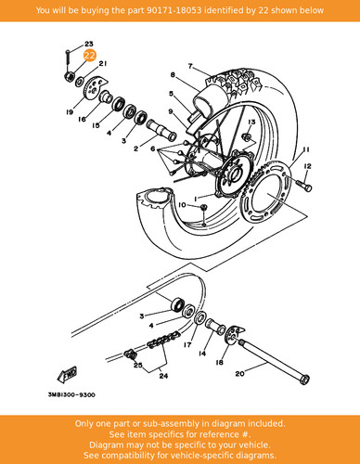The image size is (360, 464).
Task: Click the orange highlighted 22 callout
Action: coord(90,56)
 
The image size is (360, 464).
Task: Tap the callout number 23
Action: coord(89,45)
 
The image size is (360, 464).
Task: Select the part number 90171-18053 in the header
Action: coord(174,10)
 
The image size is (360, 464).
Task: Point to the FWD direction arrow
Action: coord(67,375)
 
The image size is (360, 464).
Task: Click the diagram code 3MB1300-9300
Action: coord(71,395)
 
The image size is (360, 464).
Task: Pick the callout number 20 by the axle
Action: coord(240,374)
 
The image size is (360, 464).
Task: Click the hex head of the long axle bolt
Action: coord(304,380)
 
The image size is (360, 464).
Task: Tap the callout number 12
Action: coord(307,166)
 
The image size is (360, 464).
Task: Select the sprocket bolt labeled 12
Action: coord(304,185)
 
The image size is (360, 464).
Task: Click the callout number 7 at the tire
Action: coord(190,66)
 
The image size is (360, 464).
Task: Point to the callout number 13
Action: coord(251,122)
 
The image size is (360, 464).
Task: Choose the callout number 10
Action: coord(182,205)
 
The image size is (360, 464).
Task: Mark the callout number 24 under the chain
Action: coord(163,376)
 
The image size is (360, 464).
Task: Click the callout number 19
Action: coord(70,112)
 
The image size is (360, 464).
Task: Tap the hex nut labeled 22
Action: coord(69,76)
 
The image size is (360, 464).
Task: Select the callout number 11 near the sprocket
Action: coord(306,149)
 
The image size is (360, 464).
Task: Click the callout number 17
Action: coord(187,344)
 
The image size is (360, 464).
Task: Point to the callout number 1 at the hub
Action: coord(196,198)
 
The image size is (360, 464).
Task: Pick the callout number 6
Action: coord(153,149)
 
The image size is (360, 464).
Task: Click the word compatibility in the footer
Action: coord(147,456)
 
